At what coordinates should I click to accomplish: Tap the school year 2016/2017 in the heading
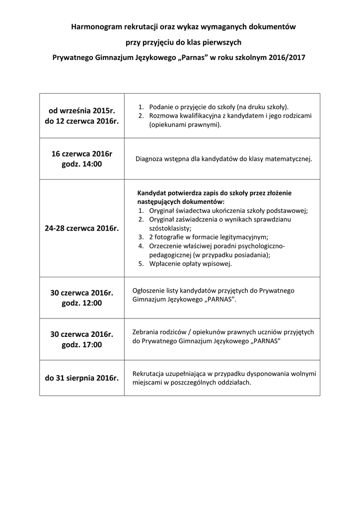click(x=287, y=58)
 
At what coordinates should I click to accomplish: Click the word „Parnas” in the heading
click(x=191, y=58)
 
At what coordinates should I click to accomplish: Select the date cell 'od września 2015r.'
click(x=82, y=111)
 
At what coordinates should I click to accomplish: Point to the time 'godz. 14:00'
click(x=82, y=164)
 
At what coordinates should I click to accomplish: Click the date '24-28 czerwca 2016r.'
click(x=82, y=228)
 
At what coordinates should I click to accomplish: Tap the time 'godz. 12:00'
click(x=82, y=303)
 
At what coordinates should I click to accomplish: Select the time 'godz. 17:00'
click(x=82, y=344)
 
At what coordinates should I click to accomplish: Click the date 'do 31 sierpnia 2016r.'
click(x=82, y=378)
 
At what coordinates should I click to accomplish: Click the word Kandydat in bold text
click(x=152, y=193)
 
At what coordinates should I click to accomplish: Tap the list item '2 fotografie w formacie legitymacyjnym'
click(x=209, y=237)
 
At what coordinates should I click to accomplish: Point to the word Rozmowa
click(x=162, y=116)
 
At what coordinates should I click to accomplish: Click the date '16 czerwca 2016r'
click(x=82, y=154)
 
